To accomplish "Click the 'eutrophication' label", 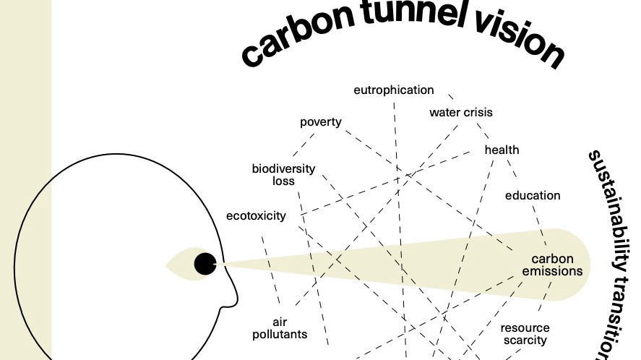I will [394, 90].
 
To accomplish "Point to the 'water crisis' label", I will [461, 113].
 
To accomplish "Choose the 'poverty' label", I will [321, 121].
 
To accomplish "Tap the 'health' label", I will [502, 150].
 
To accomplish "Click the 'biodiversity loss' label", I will [283, 175].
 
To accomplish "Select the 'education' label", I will [533, 195].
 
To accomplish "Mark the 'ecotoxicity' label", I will [256, 215].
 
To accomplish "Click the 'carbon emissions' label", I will [552, 265].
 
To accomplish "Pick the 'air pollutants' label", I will [280, 328].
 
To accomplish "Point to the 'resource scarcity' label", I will [525, 334].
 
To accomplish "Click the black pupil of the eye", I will [205, 265].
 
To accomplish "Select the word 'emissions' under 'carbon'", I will [552, 272].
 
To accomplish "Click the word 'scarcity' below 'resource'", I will [525, 340].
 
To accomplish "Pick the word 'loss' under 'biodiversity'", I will [283, 181].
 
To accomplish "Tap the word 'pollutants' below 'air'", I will [280, 335].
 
